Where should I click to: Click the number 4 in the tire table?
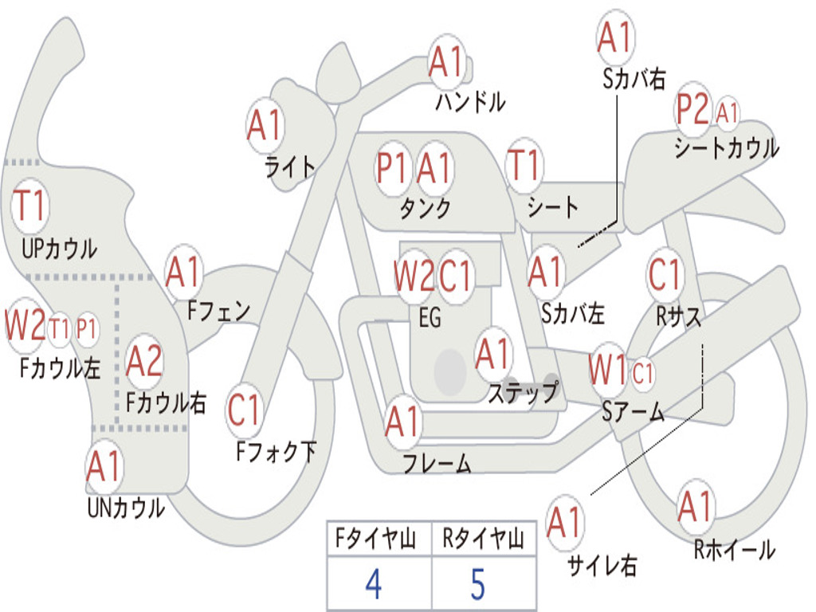tap(374, 584)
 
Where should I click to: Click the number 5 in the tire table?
tap(478, 584)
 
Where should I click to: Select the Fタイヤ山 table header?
tap(375, 539)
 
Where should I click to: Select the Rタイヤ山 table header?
tap(483, 539)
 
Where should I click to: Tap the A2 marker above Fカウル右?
tap(144, 361)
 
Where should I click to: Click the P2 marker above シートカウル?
tap(692, 109)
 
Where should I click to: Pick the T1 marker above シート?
tap(524, 165)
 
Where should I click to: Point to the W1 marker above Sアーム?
tap(607, 370)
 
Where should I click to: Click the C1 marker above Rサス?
tap(665, 274)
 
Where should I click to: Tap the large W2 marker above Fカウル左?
tap(25, 325)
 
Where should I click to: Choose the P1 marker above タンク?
tap(391, 168)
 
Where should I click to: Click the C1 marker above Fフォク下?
tap(244, 410)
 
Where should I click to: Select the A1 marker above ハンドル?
tap(446, 61)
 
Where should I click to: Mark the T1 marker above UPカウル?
tap(29, 206)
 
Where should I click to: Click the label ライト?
tap(290, 167)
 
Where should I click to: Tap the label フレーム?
tap(437, 463)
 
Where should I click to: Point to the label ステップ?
tap(523, 392)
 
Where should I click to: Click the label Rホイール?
tap(734, 550)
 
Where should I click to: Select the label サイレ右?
tap(602, 565)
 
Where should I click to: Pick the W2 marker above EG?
tap(414, 275)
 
